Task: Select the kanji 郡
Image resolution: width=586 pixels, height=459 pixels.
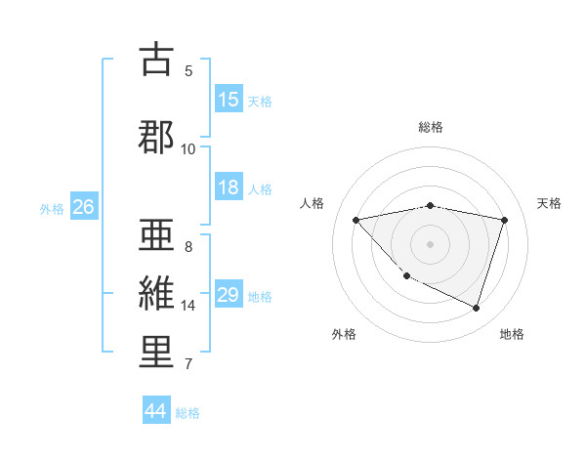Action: coord(156,136)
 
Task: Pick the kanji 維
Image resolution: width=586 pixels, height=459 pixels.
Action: coord(156,293)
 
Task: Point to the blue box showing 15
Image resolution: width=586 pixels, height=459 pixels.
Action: coord(229,100)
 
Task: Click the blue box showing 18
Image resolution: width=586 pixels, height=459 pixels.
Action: coord(229,188)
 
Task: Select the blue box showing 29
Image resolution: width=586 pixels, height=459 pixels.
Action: coord(229,295)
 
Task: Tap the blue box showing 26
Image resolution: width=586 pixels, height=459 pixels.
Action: coord(83,207)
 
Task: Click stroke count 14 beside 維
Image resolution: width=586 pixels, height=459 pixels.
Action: coord(188,306)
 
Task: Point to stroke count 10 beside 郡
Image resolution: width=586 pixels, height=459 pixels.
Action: coord(188,149)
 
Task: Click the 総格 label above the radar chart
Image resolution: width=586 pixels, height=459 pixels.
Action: coord(431,127)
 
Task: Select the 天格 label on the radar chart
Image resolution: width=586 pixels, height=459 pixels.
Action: coord(549,203)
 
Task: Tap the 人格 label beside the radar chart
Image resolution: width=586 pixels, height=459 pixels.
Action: coord(312,203)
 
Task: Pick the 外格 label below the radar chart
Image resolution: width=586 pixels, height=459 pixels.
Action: coord(343,334)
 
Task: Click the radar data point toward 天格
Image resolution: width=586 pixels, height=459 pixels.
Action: coord(504,220)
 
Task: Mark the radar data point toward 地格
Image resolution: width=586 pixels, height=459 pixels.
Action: coord(476,308)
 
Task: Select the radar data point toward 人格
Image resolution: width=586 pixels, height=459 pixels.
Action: coord(356,220)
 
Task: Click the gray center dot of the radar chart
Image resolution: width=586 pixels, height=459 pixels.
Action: coord(431,243)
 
